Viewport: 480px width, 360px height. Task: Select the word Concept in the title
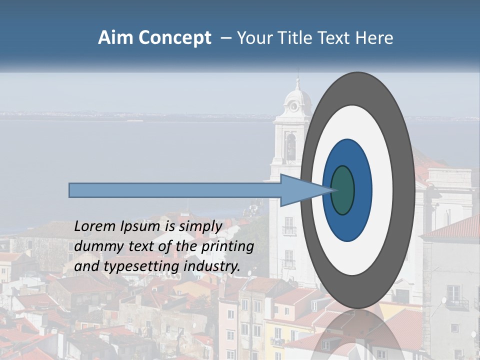174,38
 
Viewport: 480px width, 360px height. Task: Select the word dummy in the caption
95,246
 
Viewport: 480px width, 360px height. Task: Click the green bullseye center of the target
343,190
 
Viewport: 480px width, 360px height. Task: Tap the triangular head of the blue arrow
300,190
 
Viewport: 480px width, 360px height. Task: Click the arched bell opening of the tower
290,146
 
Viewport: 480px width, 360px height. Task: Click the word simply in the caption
200,226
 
